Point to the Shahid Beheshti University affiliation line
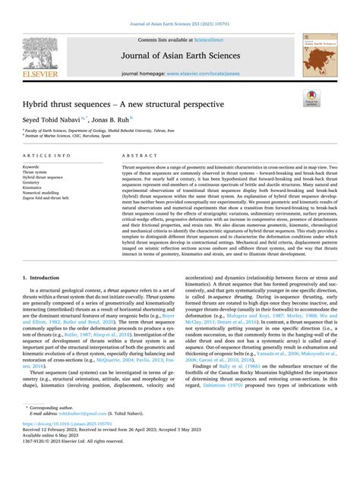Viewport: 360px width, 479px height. [x=106, y=130]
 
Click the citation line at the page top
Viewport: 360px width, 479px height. [x=180, y=7]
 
